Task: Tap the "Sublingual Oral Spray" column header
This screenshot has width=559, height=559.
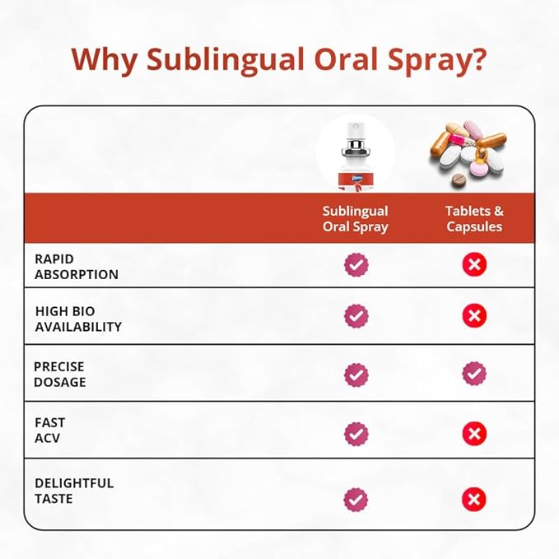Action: (x=355, y=219)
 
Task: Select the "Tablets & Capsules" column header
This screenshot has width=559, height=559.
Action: (x=474, y=219)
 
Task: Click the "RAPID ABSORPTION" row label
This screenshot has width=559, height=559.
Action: (x=77, y=267)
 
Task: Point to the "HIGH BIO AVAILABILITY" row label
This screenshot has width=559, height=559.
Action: (x=78, y=319)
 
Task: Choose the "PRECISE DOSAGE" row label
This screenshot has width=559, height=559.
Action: (x=60, y=374)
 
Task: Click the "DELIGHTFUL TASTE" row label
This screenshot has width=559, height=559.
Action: (x=74, y=491)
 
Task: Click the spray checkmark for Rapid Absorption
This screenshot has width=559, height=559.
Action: (x=356, y=264)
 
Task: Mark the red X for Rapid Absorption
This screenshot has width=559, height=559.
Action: (x=474, y=264)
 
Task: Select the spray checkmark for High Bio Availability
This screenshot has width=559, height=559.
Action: (x=356, y=315)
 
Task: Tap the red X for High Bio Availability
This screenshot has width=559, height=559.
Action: (x=474, y=315)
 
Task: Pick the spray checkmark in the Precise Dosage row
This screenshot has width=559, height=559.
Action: (x=356, y=374)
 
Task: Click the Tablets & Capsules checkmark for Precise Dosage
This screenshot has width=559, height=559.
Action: (x=474, y=374)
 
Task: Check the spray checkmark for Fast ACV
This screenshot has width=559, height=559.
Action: (x=356, y=433)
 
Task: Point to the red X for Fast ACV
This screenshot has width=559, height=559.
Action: (x=474, y=433)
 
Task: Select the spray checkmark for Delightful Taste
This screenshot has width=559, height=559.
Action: (x=356, y=498)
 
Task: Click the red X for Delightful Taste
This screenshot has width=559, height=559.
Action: (x=474, y=498)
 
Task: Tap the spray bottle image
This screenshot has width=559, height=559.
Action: (x=355, y=156)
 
